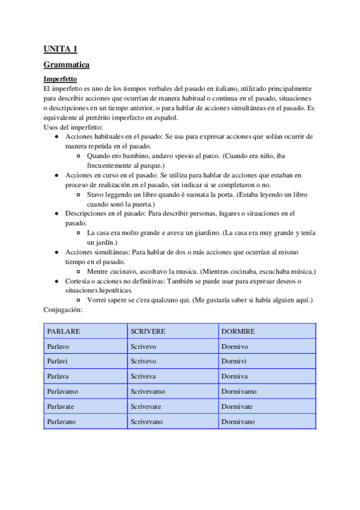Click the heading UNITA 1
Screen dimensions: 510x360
click(x=60, y=49)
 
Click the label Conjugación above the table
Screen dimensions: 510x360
click(x=63, y=309)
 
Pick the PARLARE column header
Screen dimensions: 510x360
click(x=64, y=331)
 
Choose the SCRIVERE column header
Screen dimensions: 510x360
click(x=148, y=331)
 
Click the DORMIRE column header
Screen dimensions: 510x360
click(x=238, y=331)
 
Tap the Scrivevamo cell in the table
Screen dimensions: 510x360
click(x=148, y=392)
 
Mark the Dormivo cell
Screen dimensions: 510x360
click(x=236, y=346)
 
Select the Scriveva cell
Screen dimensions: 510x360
click(x=144, y=376)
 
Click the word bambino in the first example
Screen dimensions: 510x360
click(x=135, y=156)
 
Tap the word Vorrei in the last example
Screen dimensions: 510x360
click(x=98, y=300)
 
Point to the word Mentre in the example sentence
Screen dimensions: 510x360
click(x=99, y=271)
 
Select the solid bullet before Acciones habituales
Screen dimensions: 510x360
click(x=56, y=137)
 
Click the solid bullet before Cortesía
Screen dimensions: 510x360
click(x=56, y=281)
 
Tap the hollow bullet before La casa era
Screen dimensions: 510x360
click(x=79, y=233)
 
